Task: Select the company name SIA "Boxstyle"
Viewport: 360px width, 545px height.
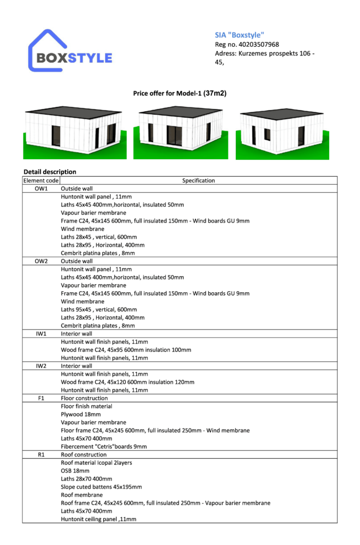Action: (237, 35)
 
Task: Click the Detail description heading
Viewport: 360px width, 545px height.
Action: (50, 172)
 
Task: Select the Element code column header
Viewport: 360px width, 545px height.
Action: (41, 180)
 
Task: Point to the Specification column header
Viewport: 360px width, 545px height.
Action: (198, 180)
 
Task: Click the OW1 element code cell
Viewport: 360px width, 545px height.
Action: (41, 188)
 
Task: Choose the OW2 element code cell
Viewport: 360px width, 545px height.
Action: (41, 261)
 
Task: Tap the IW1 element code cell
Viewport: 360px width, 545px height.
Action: (41, 334)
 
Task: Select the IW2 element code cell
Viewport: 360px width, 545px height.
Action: (41, 366)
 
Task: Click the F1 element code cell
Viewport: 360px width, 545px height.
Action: (41, 398)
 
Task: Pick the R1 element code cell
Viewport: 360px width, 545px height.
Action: (41, 455)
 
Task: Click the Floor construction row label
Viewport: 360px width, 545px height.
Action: (84, 398)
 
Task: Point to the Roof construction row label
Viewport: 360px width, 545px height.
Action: (84, 455)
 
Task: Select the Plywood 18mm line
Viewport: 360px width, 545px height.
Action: (80, 414)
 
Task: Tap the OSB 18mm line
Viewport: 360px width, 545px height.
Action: (75, 471)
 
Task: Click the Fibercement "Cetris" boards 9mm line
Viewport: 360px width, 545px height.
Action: (104, 447)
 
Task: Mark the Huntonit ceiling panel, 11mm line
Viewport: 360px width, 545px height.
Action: (99, 519)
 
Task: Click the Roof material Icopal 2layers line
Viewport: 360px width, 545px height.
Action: (96, 463)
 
